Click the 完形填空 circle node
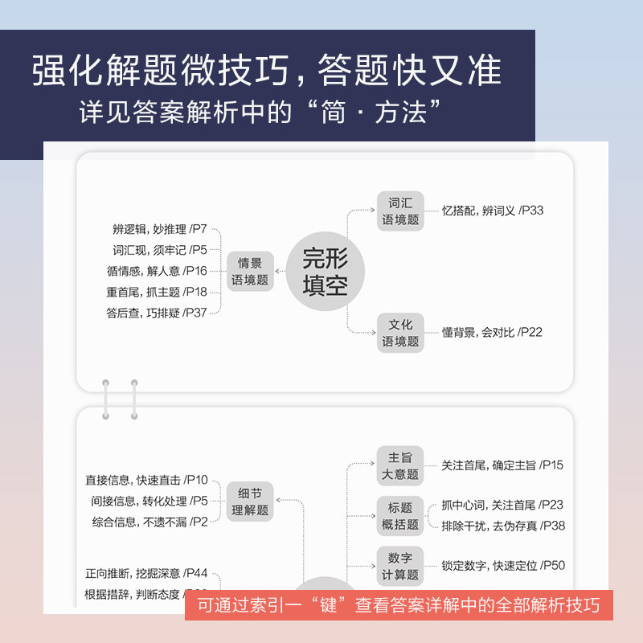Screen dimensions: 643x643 326,272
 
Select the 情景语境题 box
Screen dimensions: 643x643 250,272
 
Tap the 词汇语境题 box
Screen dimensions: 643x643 400,211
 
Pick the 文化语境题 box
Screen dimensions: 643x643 400,333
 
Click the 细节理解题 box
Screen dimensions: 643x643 250,502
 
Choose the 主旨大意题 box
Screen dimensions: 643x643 400,465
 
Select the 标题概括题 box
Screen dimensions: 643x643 400,516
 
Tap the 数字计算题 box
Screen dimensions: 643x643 400,566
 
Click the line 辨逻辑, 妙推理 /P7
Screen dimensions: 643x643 160,229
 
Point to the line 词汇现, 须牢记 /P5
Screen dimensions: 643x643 160,250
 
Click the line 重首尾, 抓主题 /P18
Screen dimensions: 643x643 157,292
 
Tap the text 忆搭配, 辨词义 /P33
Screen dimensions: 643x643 493,211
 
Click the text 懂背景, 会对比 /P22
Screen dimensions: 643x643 492,332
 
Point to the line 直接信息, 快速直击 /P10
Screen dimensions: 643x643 146,481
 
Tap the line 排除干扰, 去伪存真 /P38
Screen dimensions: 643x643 503,526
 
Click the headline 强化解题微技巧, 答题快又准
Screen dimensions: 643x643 267,70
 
